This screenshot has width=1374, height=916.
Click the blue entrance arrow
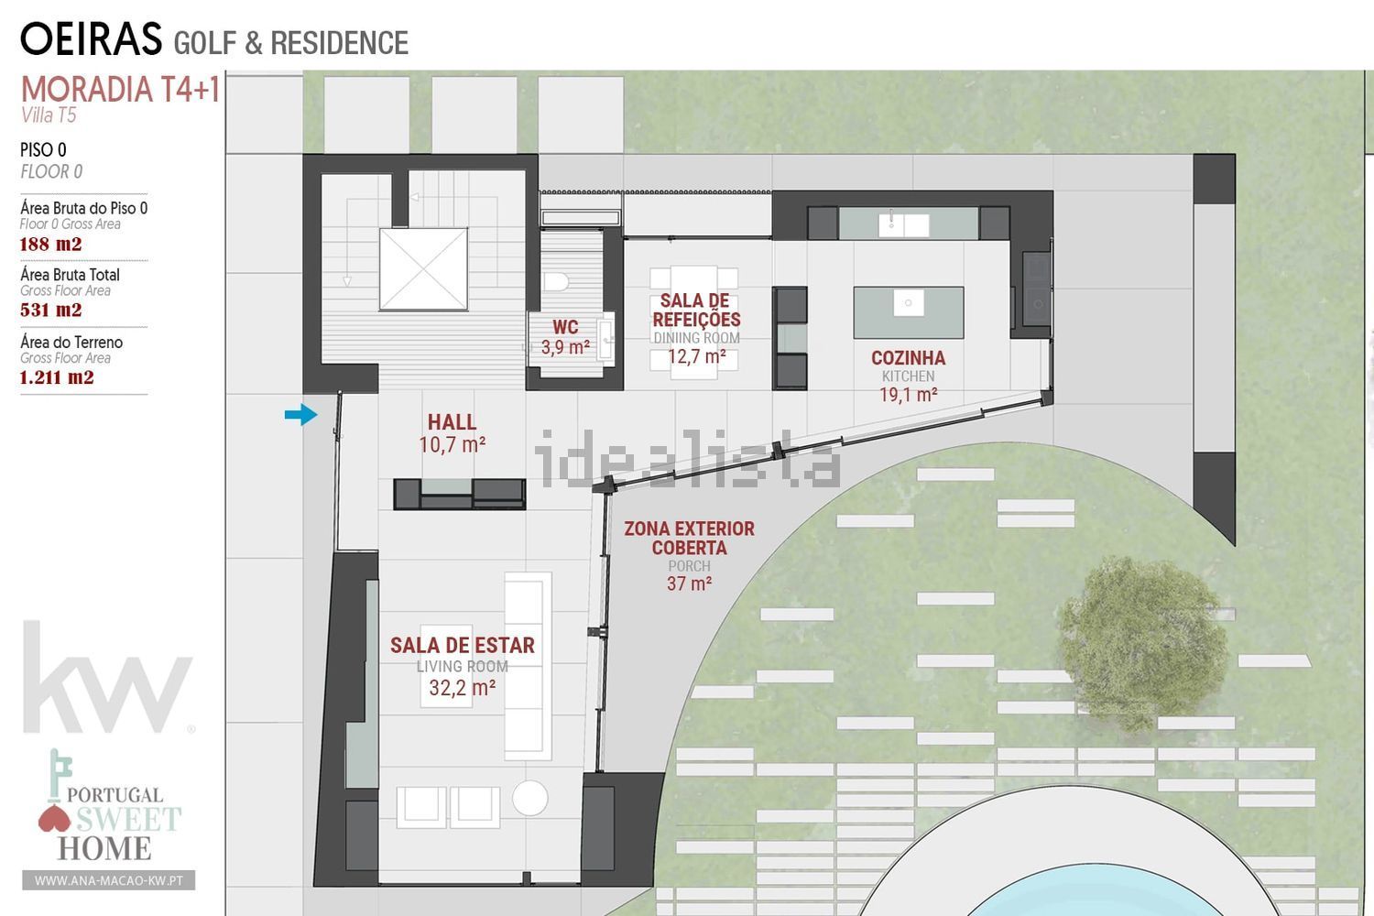pyautogui.click(x=301, y=415)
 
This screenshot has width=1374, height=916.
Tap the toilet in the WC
pyautogui.click(x=556, y=281)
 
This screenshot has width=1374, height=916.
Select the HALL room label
pyautogui.click(x=453, y=422)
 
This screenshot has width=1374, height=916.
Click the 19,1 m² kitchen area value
pyautogui.click(x=909, y=395)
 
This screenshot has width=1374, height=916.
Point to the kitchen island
pyautogui.click(x=909, y=312)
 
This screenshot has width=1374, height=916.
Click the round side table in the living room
pyautogui.click(x=530, y=798)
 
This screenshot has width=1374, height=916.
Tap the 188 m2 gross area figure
pyautogui.click(x=50, y=245)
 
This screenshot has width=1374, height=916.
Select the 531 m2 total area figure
pyautogui.click(x=50, y=310)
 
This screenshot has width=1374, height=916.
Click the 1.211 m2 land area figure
pyautogui.click(x=57, y=376)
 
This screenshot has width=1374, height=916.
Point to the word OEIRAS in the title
pyautogui.click(x=91, y=39)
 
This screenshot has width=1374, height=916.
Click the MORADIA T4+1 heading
pyautogui.click(x=120, y=90)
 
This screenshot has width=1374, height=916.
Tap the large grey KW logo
pyautogui.click(x=108, y=677)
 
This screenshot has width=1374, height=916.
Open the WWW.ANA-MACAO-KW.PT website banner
pyautogui.click(x=109, y=880)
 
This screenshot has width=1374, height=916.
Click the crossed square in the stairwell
pyautogui.click(x=423, y=269)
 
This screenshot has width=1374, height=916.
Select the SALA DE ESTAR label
pyautogui.click(x=463, y=646)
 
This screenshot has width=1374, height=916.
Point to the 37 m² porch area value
pyautogui.click(x=690, y=583)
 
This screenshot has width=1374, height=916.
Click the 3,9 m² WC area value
pyautogui.click(x=565, y=347)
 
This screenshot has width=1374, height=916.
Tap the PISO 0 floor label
pyautogui.click(x=43, y=149)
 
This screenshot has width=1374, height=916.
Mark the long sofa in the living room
pyautogui.click(x=528, y=666)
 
